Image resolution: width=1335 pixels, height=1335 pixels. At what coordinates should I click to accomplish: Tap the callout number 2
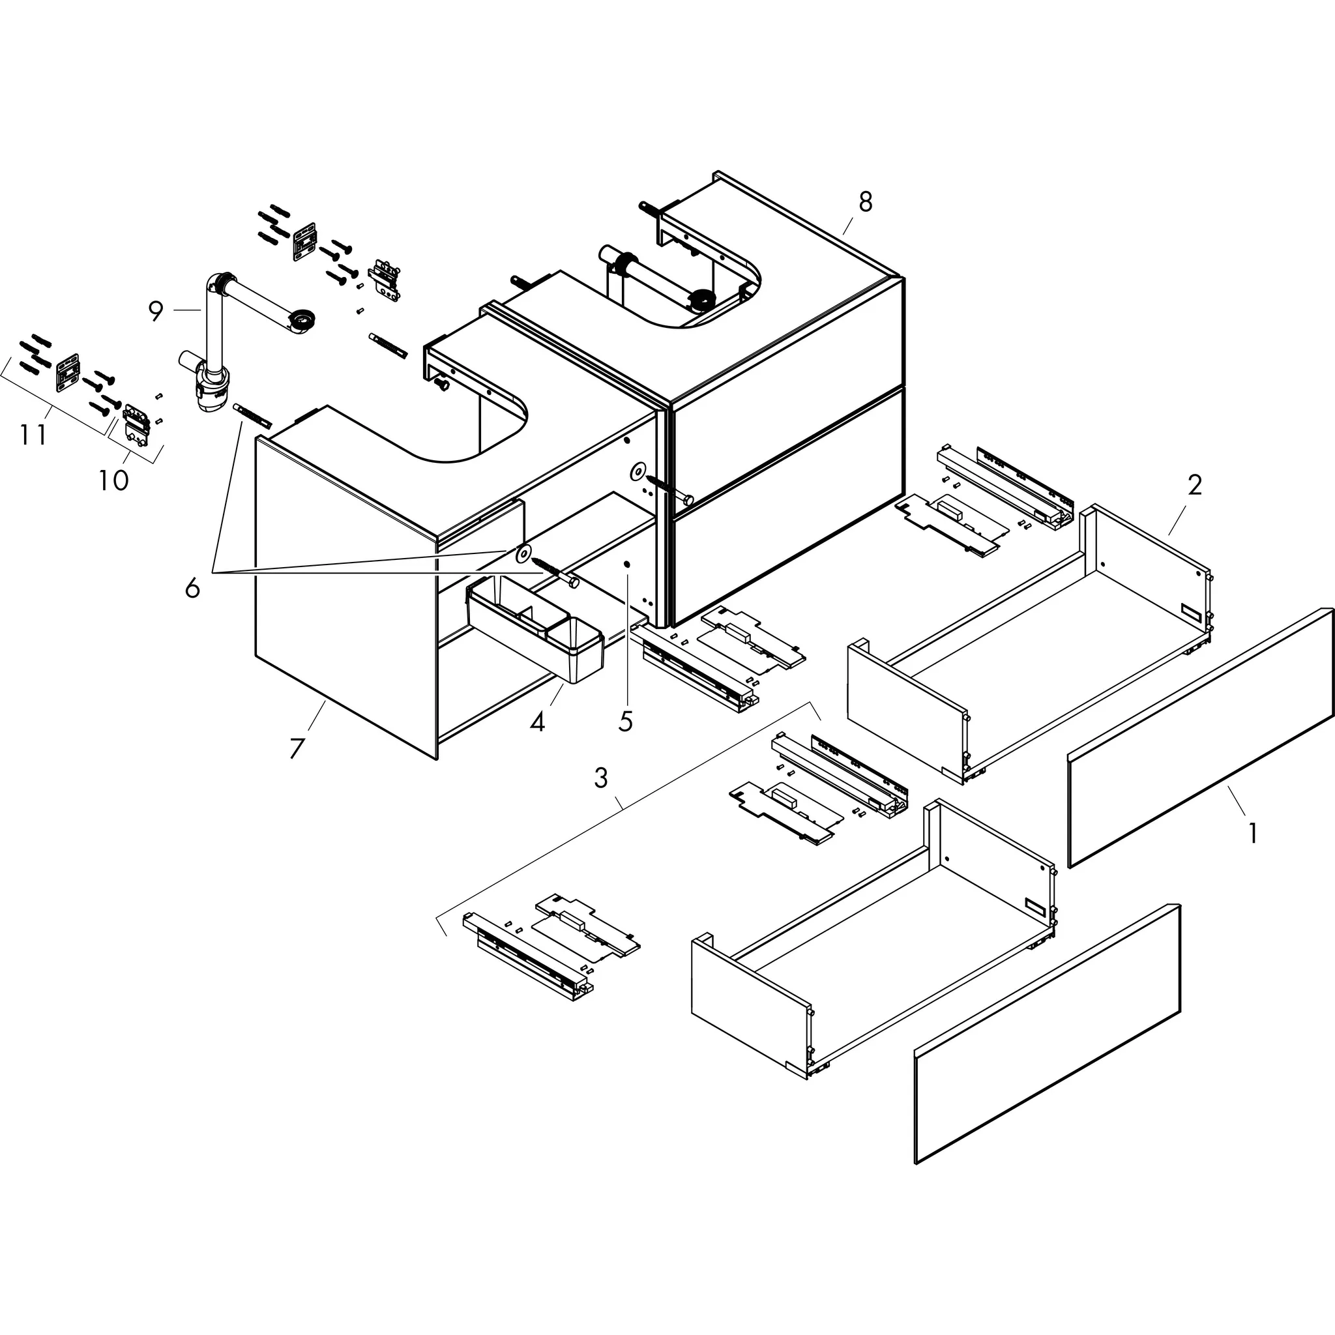pyautogui.click(x=1194, y=486)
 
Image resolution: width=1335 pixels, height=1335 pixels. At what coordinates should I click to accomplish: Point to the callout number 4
pyautogui.click(x=537, y=722)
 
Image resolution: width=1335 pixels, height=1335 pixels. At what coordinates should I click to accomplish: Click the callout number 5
pyautogui.click(x=625, y=722)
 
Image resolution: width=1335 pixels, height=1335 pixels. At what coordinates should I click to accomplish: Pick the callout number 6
pyautogui.click(x=192, y=588)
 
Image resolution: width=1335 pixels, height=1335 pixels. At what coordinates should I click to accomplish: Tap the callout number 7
pyautogui.click(x=297, y=748)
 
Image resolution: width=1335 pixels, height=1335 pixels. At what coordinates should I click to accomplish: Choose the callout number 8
pyautogui.click(x=865, y=202)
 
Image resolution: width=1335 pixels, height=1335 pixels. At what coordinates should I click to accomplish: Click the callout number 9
pyautogui.click(x=156, y=312)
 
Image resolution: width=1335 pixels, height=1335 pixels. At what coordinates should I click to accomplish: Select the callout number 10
pyautogui.click(x=113, y=480)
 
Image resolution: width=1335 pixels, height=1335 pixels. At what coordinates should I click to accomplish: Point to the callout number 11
pyautogui.click(x=33, y=435)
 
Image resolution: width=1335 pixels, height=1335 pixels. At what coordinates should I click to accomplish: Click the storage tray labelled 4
pyautogui.click(x=536, y=628)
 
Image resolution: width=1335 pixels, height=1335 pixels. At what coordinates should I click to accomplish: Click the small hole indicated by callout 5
pyautogui.click(x=626, y=565)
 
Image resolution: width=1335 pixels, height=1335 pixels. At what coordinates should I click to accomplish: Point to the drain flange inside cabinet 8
pyautogui.click(x=703, y=301)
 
